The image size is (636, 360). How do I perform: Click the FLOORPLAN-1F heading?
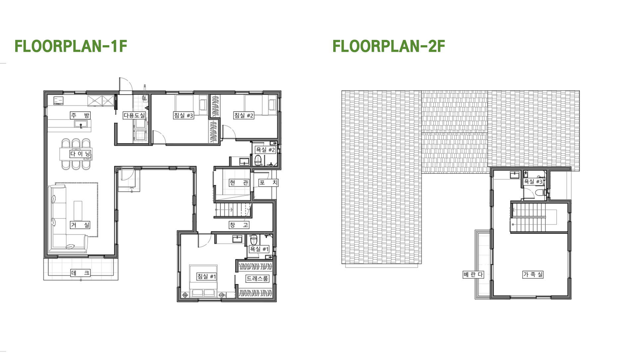(x=71, y=46)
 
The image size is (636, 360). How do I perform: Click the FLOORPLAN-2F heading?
(x=389, y=46)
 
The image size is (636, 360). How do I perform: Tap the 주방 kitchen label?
(x=80, y=115)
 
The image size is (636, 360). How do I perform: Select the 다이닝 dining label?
(x=80, y=154)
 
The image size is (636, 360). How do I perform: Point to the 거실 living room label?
(x=80, y=225)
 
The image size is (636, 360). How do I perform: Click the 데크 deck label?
(x=80, y=273)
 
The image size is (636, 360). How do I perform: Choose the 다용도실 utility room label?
(x=134, y=115)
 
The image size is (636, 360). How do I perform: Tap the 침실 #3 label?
(x=184, y=115)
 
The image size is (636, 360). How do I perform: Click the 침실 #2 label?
(x=244, y=115)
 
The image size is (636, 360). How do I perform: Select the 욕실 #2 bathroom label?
(x=265, y=150)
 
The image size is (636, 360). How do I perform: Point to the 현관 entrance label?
(x=239, y=183)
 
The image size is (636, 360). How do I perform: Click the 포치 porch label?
(x=269, y=183)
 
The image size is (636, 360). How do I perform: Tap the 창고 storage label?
(x=239, y=225)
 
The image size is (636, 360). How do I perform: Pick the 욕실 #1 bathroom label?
(x=259, y=249)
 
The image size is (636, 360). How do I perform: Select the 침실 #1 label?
(x=206, y=276)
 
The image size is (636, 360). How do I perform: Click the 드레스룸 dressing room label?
(x=257, y=278)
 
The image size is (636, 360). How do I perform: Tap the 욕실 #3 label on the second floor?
(x=533, y=182)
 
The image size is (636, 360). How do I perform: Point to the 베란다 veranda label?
(x=473, y=274)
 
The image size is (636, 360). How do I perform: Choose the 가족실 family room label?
(x=533, y=274)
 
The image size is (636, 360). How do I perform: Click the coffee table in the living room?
(x=78, y=210)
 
